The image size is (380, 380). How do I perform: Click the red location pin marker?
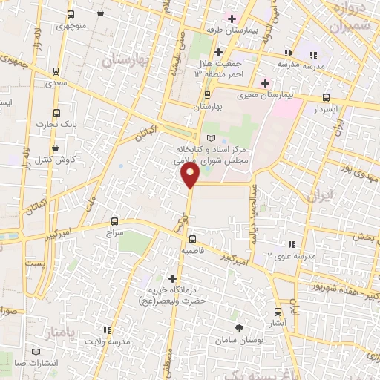pyautogui.click(x=191, y=175)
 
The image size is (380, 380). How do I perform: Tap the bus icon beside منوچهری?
pyautogui.click(x=71, y=15)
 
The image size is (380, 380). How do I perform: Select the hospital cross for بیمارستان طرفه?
pyautogui.click(x=232, y=19)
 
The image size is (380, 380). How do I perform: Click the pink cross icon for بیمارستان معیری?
pyautogui.click(x=264, y=82)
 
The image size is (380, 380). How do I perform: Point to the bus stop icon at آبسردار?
pyautogui.click(x=327, y=97)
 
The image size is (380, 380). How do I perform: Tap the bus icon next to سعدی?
pyautogui.click(x=56, y=73)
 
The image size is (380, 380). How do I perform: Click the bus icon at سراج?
pyautogui.click(x=114, y=220)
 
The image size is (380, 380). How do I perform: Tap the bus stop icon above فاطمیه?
pyautogui.click(x=192, y=239)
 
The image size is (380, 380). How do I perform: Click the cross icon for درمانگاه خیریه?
pyautogui.click(x=172, y=278)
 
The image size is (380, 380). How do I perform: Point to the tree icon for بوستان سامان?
pyautogui.click(x=239, y=327)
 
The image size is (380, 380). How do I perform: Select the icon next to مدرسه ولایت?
pyautogui.click(x=108, y=330)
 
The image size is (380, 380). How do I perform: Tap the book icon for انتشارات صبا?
pyautogui.click(x=37, y=352)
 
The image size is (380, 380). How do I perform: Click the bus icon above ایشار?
pyautogui.click(x=278, y=312)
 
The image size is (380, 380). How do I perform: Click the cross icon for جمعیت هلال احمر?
pyautogui.click(x=217, y=52)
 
